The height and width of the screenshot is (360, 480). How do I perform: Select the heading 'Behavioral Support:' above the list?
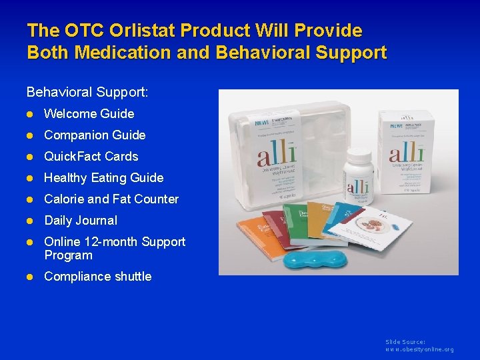(x=87, y=91)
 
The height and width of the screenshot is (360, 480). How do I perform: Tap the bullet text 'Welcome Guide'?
(x=89, y=114)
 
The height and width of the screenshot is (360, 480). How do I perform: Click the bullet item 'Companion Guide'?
(x=94, y=135)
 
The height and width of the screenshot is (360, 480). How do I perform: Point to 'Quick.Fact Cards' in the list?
(x=91, y=157)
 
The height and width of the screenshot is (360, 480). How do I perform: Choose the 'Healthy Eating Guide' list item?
(x=103, y=178)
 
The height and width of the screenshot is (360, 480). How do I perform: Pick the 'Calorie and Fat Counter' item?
(x=111, y=199)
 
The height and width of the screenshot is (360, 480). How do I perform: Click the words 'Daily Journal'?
(x=80, y=221)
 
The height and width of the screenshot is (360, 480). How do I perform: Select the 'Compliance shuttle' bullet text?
(x=97, y=277)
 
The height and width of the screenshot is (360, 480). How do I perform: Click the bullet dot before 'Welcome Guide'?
(x=31, y=114)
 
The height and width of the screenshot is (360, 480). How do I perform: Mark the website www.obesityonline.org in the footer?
(x=419, y=349)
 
